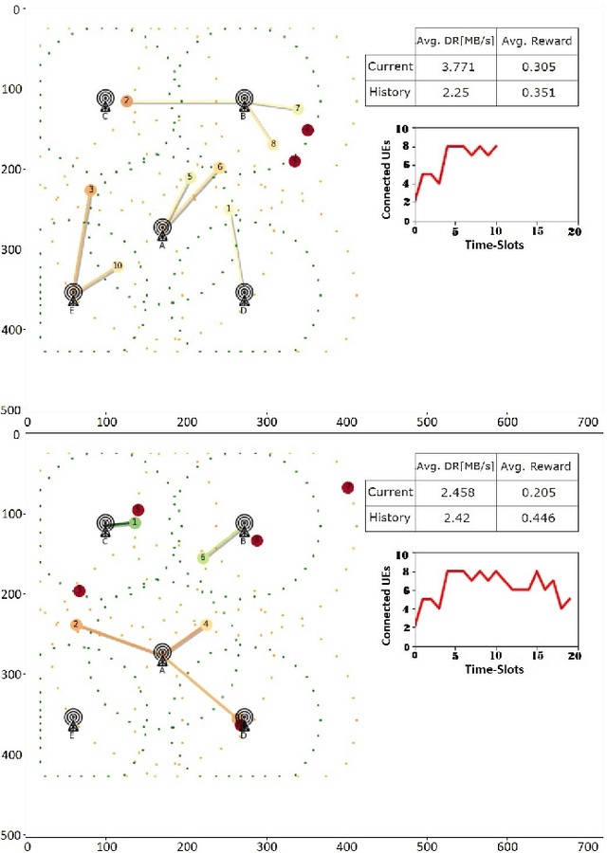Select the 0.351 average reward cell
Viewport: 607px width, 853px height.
click(x=536, y=92)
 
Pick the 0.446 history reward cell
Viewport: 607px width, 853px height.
click(x=536, y=517)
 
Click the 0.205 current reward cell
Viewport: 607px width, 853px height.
click(x=536, y=492)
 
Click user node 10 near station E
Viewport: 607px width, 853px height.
click(x=118, y=266)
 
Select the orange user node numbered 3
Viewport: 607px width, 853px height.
click(x=91, y=191)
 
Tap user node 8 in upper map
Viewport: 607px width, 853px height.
click(x=273, y=144)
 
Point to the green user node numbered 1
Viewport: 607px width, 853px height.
click(x=136, y=522)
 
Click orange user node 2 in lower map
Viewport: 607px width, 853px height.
click(x=75, y=625)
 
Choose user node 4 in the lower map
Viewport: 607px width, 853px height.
click(x=207, y=624)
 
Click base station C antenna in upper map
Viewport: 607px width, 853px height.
click(x=105, y=100)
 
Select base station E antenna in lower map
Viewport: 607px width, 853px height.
click(x=73, y=717)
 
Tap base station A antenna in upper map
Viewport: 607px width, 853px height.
click(x=162, y=228)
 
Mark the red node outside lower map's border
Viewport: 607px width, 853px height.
click(x=348, y=487)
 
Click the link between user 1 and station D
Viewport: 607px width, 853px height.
click(x=237, y=249)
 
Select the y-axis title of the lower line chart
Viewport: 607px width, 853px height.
click(x=387, y=604)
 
